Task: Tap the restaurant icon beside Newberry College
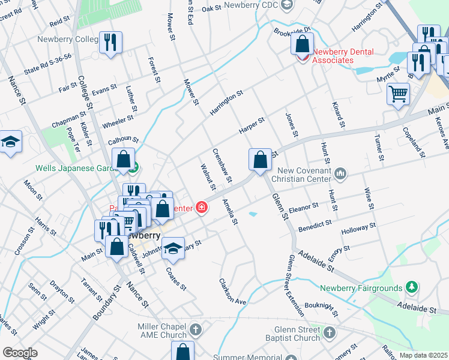click(x=110, y=42)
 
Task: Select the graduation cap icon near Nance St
click(x=10, y=142)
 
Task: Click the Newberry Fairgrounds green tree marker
click(x=411, y=288)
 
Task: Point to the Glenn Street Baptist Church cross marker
click(x=329, y=332)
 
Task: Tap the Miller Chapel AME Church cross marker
click(x=196, y=329)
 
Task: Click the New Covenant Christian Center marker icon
click(x=341, y=174)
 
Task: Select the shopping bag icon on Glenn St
click(x=260, y=160)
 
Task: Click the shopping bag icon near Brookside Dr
click(x=303, y=44)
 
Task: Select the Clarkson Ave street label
click(x=233, y=292)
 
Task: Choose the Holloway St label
click(x=358, y=229)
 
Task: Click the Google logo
click(x=20, y=353)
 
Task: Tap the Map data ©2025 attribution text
click(x=423, y=355)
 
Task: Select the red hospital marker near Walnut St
click(x=202, y=208)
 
